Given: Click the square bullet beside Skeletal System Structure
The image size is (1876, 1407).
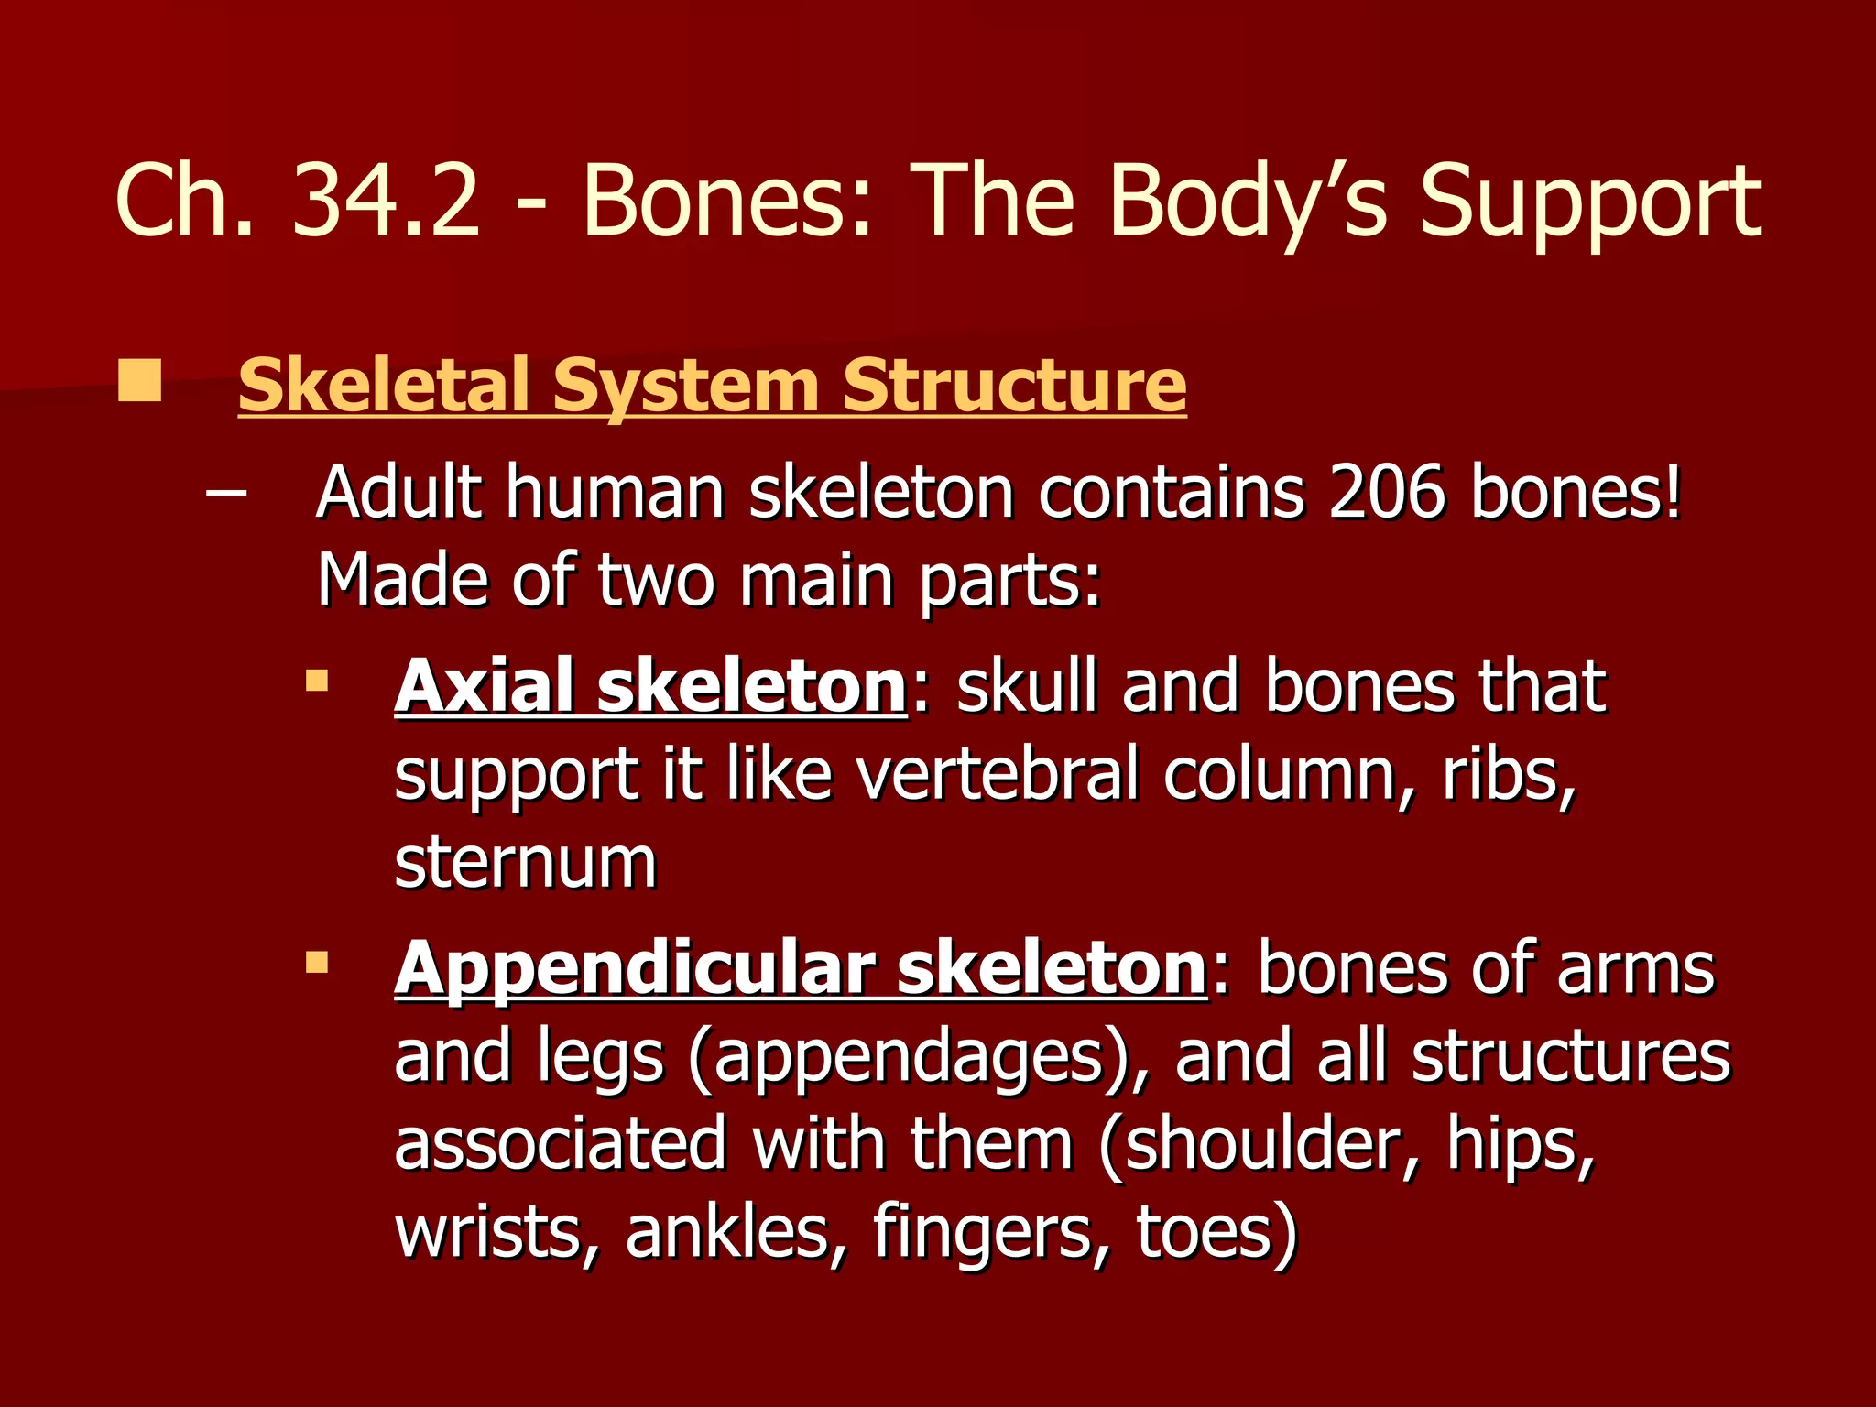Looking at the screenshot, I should coord(139,381).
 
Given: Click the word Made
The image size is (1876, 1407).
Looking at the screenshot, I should coord(402,581).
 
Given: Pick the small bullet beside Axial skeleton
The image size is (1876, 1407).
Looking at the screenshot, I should coord(317,681).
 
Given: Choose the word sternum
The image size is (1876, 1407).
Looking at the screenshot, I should coord(526,863).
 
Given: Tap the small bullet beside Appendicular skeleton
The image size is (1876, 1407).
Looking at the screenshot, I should coord(317,963).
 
